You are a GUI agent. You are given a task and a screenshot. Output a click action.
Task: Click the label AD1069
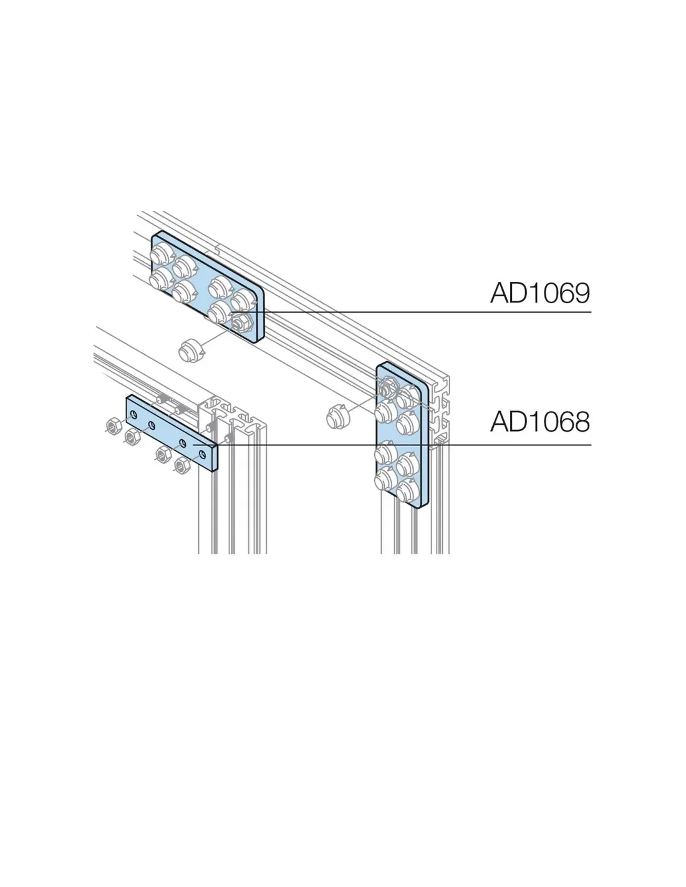tap(540, 293)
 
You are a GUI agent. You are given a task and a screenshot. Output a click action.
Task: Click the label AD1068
tap(540, 421)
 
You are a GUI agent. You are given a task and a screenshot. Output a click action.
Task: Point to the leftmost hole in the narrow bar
tap(133, 415)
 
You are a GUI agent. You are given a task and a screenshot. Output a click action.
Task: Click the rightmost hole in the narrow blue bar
tap(201, 453)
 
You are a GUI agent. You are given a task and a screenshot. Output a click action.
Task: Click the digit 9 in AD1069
tap(581, 293)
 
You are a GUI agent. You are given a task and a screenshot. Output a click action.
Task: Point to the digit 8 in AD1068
tap(581, 422)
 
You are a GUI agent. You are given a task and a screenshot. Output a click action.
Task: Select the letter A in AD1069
tap(500, 293)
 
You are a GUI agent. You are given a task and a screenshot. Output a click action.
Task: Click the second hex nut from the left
tap(132, 437)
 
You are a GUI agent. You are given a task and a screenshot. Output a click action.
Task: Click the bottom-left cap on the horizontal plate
tap(160, 279)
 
